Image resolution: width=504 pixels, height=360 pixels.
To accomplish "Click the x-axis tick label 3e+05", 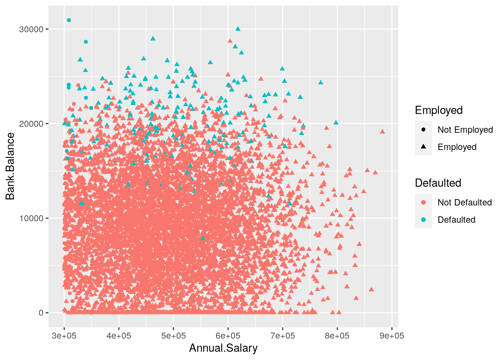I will point(64,336).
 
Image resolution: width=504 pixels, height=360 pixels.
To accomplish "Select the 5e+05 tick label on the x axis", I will point(173,336).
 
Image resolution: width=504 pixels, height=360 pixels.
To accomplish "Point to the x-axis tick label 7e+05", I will point(282,336).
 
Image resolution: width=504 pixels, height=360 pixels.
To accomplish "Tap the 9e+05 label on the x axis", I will point(391,336).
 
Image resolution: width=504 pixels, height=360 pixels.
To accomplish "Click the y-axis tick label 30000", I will point(31,29).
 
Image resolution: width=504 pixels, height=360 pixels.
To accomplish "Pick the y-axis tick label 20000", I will point(31,124).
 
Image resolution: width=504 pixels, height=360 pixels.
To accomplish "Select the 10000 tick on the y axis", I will point(31,218).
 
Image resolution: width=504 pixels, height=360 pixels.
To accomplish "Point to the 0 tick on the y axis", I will point(41,313).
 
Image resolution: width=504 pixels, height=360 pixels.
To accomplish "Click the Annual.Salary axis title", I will point(223,348).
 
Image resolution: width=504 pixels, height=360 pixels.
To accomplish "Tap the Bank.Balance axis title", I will point(10,166).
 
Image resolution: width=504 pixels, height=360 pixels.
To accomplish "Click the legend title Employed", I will point(438,110).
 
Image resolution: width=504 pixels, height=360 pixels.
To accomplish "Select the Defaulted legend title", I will point(438,183).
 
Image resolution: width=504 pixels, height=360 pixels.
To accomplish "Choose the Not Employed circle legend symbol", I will point(423,130).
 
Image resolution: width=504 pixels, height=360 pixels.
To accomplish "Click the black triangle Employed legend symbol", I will point(423,147).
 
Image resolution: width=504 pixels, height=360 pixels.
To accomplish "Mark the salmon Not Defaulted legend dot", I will point(423,202).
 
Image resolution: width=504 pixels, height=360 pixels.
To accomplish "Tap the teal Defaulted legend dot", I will point(423,220).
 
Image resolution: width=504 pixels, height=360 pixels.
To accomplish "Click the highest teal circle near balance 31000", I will point(69,20).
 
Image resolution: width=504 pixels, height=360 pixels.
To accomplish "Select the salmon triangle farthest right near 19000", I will point(382,132).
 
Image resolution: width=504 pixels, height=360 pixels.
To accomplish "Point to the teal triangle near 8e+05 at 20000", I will point(336,123).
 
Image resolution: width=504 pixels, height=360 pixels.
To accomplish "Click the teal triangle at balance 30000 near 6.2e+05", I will point(238,29).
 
